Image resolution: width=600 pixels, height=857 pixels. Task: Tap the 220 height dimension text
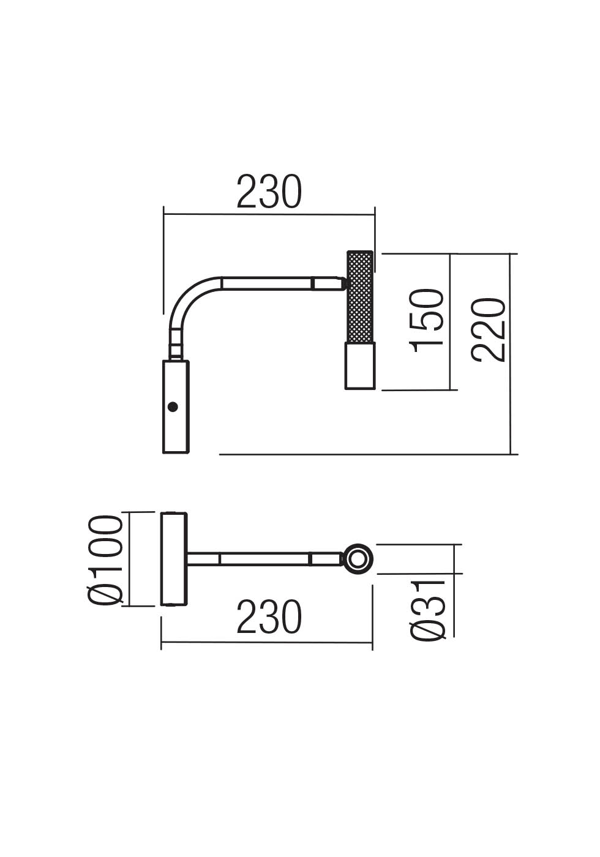coord(489,330)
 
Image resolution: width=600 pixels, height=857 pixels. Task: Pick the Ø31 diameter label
coord(428,610)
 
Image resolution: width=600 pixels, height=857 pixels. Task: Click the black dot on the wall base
coord(173,406)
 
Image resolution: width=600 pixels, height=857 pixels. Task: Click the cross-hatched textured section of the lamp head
coord(360,297)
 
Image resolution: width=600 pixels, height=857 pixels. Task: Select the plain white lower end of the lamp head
coord(359,365)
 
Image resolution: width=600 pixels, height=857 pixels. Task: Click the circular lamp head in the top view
coord(357,559)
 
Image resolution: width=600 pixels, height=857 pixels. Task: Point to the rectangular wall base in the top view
coord(174,559)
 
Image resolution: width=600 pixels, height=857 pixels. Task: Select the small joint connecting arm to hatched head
coord(344,283)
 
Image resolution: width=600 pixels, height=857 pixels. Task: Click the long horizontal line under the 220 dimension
coord(367,454)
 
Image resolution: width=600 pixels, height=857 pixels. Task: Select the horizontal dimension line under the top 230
coord(269,215)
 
